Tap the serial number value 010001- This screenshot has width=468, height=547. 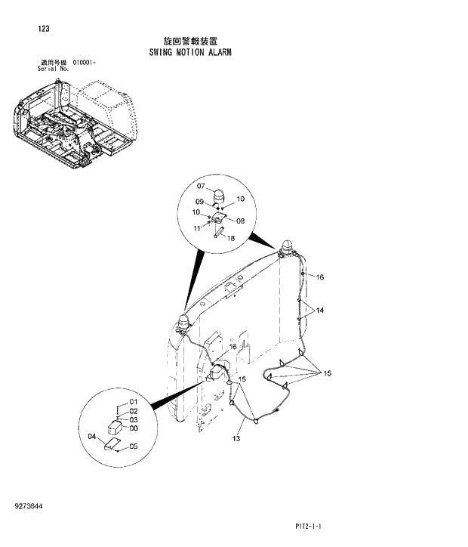(x=85, y=62)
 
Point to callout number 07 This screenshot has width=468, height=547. (x=202, y=186)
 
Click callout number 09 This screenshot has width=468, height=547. (x=201, y=202)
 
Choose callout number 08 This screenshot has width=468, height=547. (x=241, y=221)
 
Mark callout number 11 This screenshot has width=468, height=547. (x=196, y=227)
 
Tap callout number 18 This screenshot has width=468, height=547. (x=231, y=238)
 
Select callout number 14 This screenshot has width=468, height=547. (x=320, y=310)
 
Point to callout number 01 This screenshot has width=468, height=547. (x=133, y=401)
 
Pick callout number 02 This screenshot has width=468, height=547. (x=133, y=410)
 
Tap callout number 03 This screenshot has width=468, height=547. (x=133, y=419)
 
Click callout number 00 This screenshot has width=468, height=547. (x=133, y=428)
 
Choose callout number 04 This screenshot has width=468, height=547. (x=92, y=436)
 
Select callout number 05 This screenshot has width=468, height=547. (x=133, y=446)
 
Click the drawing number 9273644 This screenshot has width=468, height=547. (x=27, y=504)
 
